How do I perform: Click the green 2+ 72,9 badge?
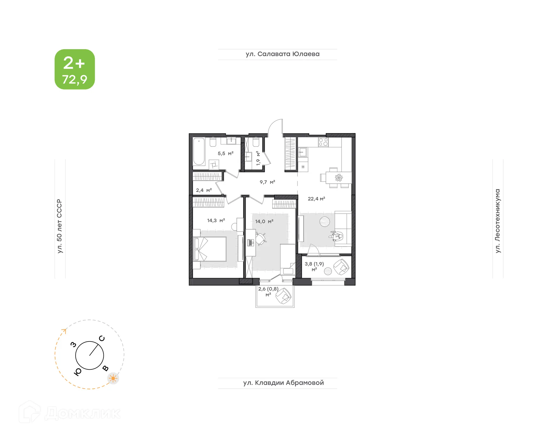(75, 69)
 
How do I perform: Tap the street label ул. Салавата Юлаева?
(282, 54)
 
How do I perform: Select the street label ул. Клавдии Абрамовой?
(283, 383)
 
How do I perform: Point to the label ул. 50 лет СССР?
(60, 226)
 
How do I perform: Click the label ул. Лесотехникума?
(498, 221)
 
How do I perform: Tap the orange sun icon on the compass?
(113, 378)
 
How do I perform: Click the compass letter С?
(102, 338)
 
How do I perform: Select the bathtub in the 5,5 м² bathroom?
(199, 152)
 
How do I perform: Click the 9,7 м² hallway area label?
(267, 182)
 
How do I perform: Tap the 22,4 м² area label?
(316, 199)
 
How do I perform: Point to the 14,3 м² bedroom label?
(216, 221)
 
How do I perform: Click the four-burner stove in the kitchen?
(323, 142)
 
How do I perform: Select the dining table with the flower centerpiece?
(339, 177)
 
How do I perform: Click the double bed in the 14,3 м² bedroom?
(210, 249)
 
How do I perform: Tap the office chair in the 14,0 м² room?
(260, 239)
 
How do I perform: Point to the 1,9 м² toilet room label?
(258, 158)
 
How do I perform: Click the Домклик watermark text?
(83, 413)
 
